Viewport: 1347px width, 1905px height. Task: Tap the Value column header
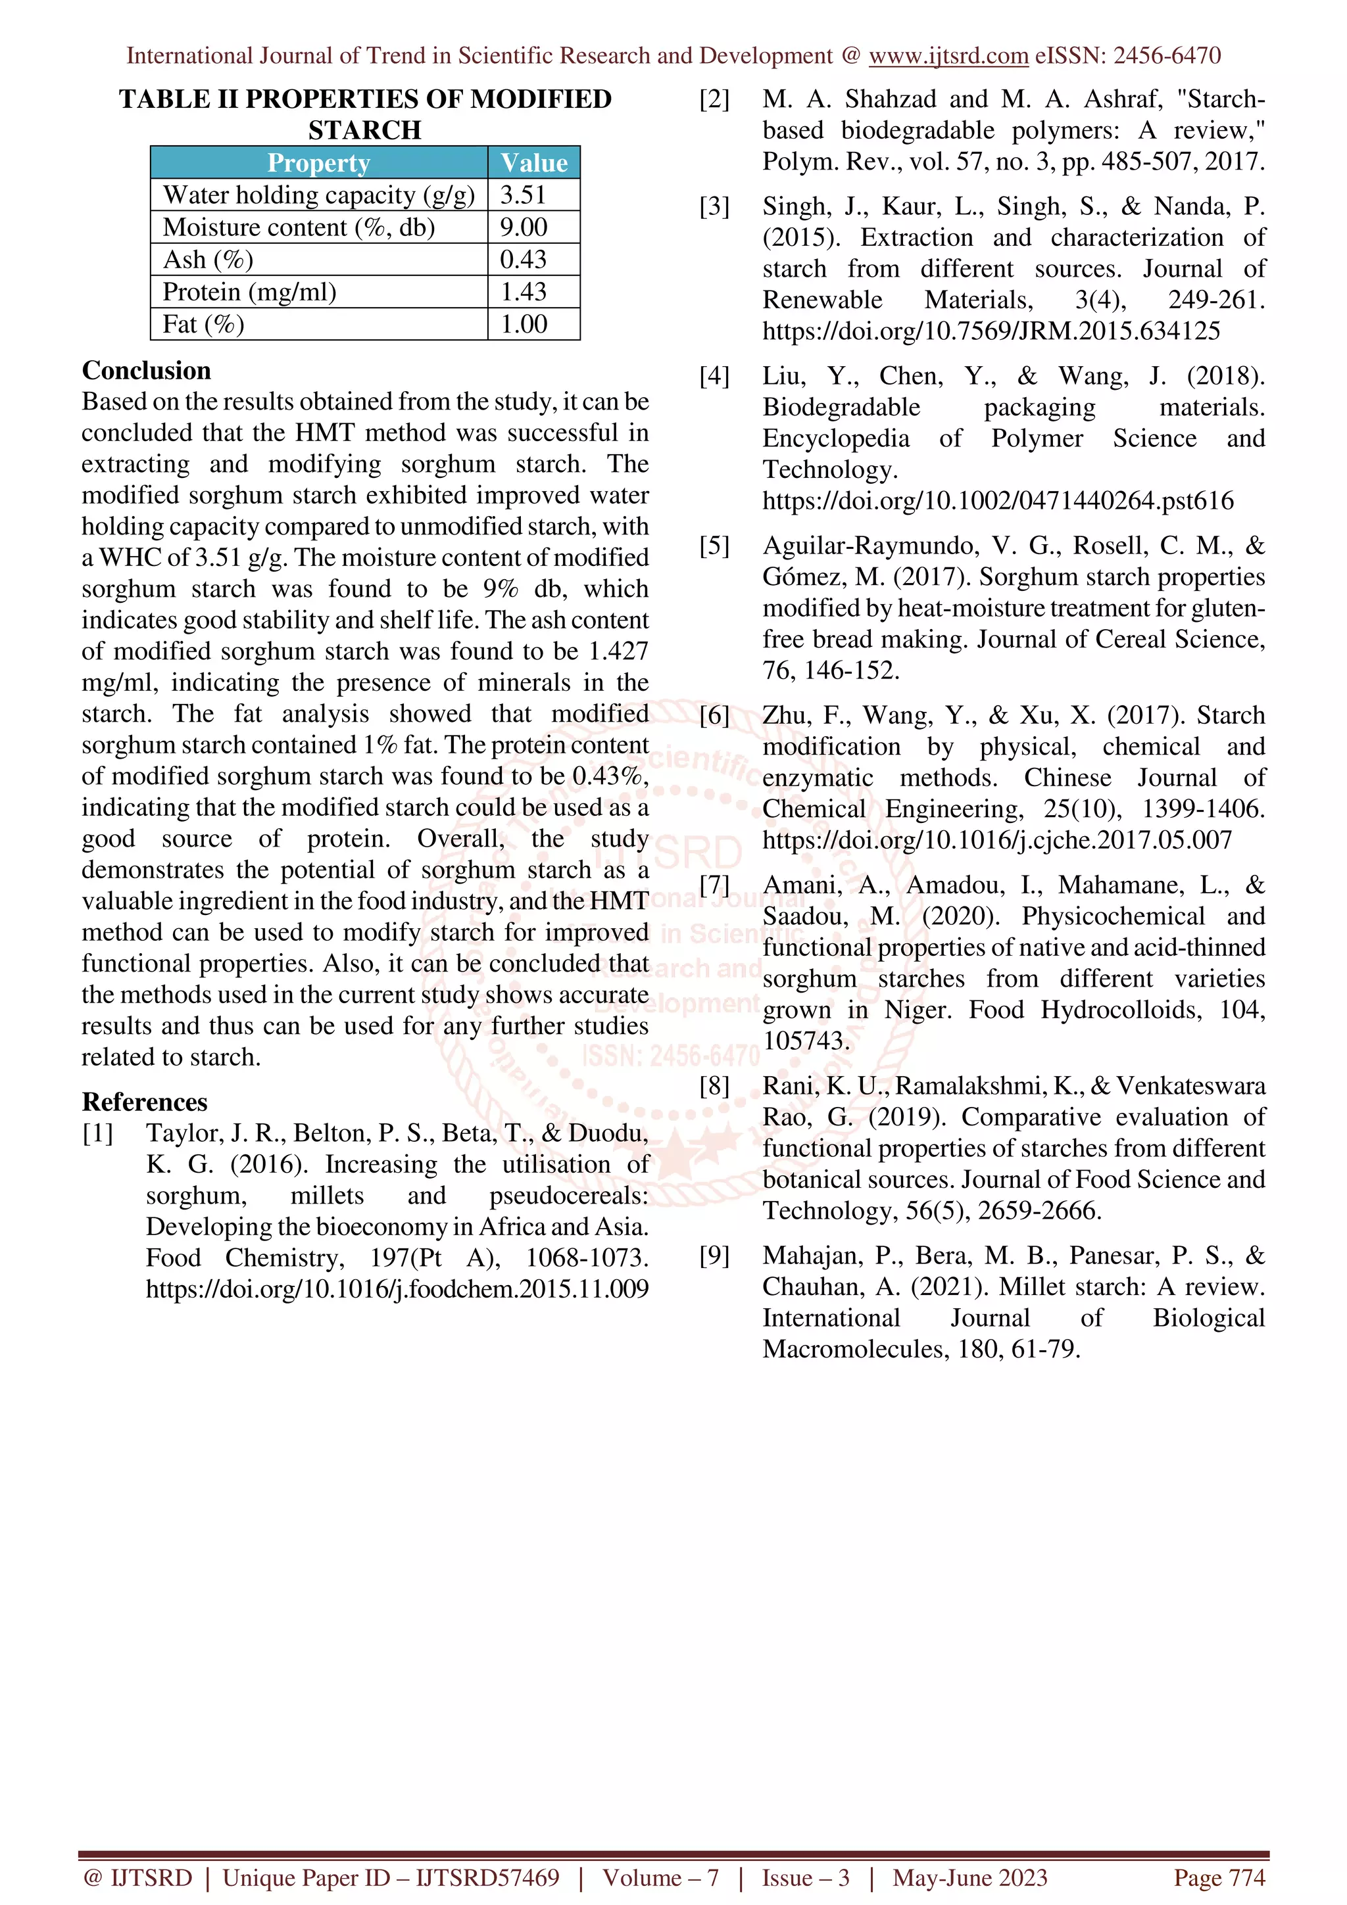click(533, 162)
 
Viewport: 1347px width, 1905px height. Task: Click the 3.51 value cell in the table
click(523, 195)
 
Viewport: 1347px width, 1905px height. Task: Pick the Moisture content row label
click(299, 227)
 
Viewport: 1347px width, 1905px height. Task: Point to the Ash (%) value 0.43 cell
click(523, 260)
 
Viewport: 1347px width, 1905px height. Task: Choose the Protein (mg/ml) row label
click(250, 292)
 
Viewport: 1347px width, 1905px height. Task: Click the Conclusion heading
click(146, 370)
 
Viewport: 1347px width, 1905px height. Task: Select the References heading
click(145, 1102)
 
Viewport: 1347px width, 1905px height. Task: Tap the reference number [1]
click(98, 1133)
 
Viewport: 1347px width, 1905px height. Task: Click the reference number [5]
click(714, 546)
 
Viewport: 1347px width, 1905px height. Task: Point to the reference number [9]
click(714, 1256)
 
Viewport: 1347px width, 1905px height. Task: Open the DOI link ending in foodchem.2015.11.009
click(397, 1288)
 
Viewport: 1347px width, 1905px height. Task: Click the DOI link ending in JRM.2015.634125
click(991, 331)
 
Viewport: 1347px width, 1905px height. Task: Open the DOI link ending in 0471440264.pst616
click(998, 500)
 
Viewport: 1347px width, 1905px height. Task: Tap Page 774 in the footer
click(1218, 1877)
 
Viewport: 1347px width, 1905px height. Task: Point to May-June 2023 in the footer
click(969, 1877)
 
